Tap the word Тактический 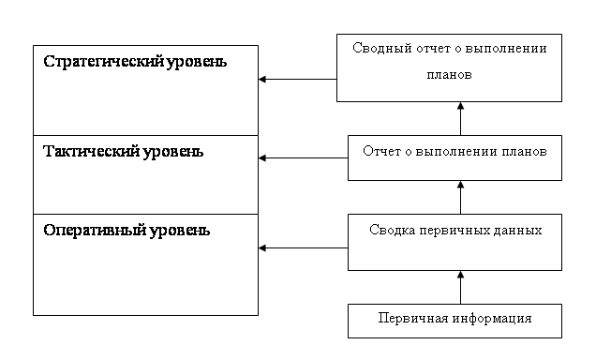tap(91, 151)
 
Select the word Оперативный tap(95, 231)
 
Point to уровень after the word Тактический tap(172, 152)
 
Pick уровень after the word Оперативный tap(179, 232)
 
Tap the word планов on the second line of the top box tap(449, 74)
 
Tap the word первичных tap(454, 231)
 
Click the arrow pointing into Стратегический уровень tap(297, 79)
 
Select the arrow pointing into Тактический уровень tap(303, 157)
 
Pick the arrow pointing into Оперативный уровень tap(303, 247)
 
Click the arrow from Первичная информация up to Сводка tap(460, 288)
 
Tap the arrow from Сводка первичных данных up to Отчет tap(460, 197)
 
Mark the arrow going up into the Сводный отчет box tap(460, 119)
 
